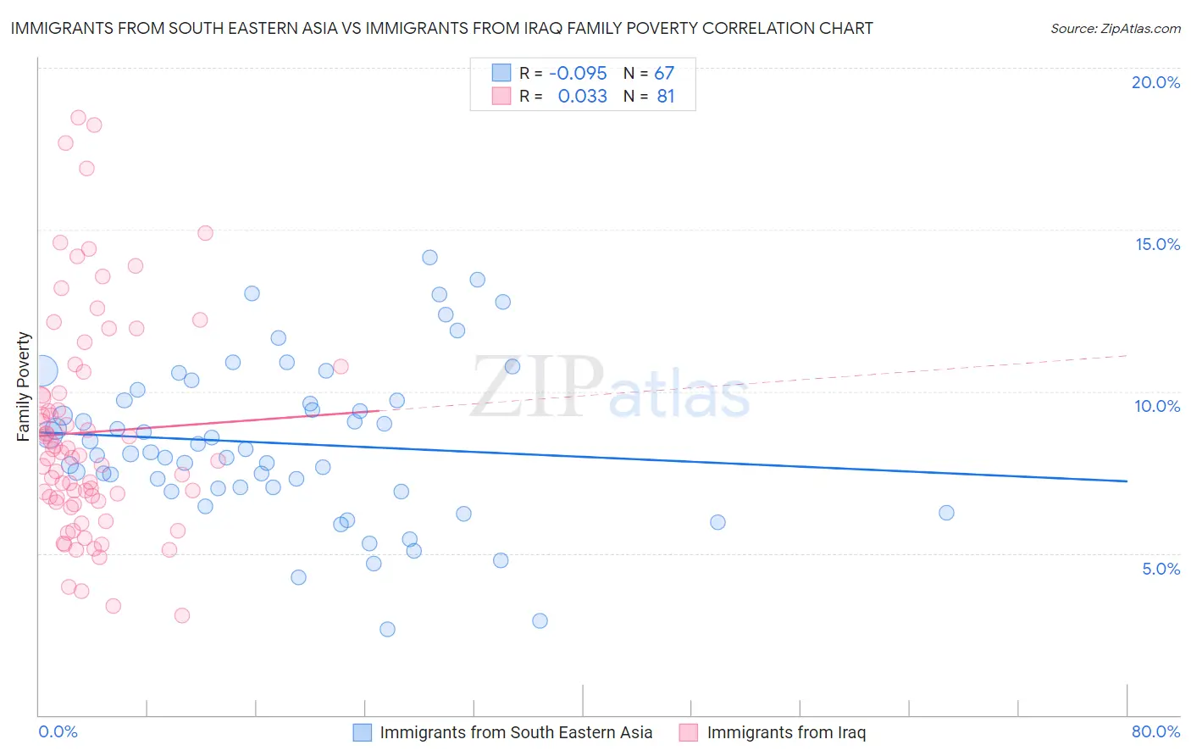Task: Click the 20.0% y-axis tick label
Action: [x=1155, y=82]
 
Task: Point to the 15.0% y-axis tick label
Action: [x=1157, y=244]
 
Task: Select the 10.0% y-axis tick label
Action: [x=1157, y=406]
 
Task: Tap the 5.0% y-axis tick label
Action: [x=1161, y=569]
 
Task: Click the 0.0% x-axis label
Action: [x=58, y=731]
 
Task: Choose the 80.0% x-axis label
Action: [x=1155, y=731]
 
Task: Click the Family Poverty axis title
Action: [x=24, y=386]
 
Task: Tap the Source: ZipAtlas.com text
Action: [x=1115, y=29]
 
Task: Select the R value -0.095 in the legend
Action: [x=578, y=74]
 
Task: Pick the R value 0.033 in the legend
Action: [x=582, y=97]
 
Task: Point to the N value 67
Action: [x=664, y=74]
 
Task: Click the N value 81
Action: [x=666, y=97]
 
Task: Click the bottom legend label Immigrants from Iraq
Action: [x=786, y=732]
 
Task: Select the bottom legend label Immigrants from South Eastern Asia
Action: [x=516, y=732]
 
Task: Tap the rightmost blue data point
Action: [x=946, y=513]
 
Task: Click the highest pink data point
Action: [x=78, y=118]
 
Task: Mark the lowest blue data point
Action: [x=387, y=629]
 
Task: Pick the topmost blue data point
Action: [x=429, y=258]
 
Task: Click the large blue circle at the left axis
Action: [x=42, y=370]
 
